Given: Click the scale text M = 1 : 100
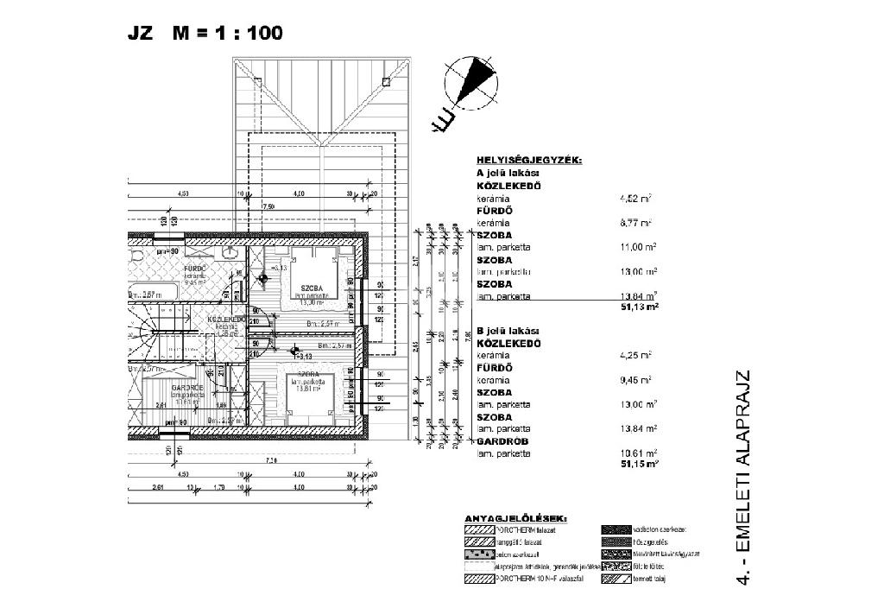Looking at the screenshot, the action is tap(227, 34).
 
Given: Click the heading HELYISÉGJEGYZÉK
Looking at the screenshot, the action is tap(529, 160).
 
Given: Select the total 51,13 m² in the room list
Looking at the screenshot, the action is tap(641, 307).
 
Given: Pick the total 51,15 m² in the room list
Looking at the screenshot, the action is tap(641, 464).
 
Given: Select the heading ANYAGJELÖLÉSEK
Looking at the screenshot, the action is tap(516, 518).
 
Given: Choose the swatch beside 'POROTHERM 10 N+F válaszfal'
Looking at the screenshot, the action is tap(477, 578).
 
